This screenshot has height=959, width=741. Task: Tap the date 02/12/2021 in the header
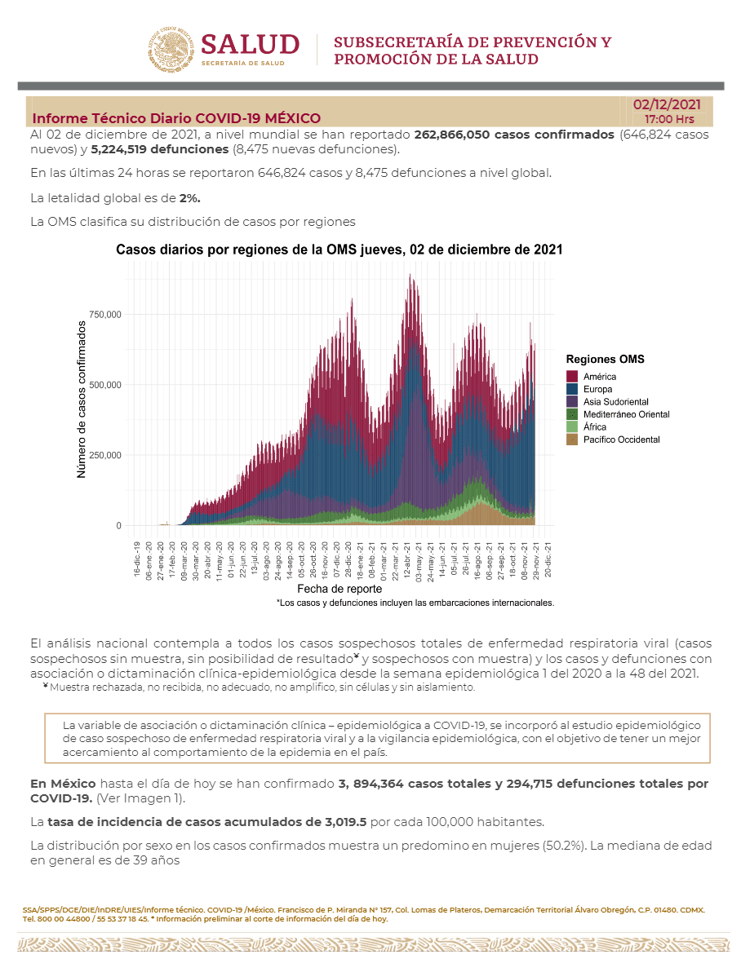click(x=667, y=104)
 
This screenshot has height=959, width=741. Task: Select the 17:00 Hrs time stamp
click(x=669, y=119)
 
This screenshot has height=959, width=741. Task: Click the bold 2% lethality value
click(x=190, y=197)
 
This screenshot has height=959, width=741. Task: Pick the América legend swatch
click(x=572, y=377)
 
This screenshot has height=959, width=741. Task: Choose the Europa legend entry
click(x=599, y=390)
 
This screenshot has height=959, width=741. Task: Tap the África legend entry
click(x=594, y=427)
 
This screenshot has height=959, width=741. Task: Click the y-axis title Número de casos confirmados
click(x=82, y=399)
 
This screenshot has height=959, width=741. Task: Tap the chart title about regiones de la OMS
click(x=339, y=250)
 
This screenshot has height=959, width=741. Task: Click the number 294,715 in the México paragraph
click(x=526, y=784)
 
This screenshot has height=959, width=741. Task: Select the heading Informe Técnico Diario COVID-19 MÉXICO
click(x=176, y=118)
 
